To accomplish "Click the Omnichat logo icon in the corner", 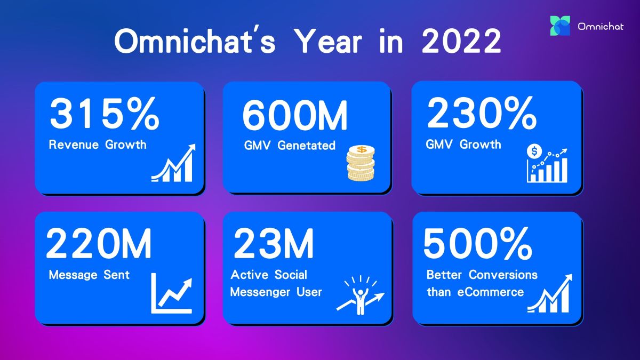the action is coord(560,26).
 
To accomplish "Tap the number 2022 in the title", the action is coord(461,41).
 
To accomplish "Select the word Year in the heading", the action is coord(329,41).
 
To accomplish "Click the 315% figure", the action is coord(104,113).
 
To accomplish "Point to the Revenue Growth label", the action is coord(98,145).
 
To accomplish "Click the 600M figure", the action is coord(295,115).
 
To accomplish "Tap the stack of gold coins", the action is coord(361,163).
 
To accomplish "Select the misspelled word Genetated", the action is coord(306,146).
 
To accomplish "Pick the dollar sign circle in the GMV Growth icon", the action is coord(534,151).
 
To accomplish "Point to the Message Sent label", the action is coord(89,275).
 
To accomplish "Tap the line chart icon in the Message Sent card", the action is coord(171,293).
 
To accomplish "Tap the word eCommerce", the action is coord(490,292).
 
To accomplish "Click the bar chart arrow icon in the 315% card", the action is coord(173,163).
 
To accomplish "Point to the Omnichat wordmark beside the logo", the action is coord(601,27).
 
